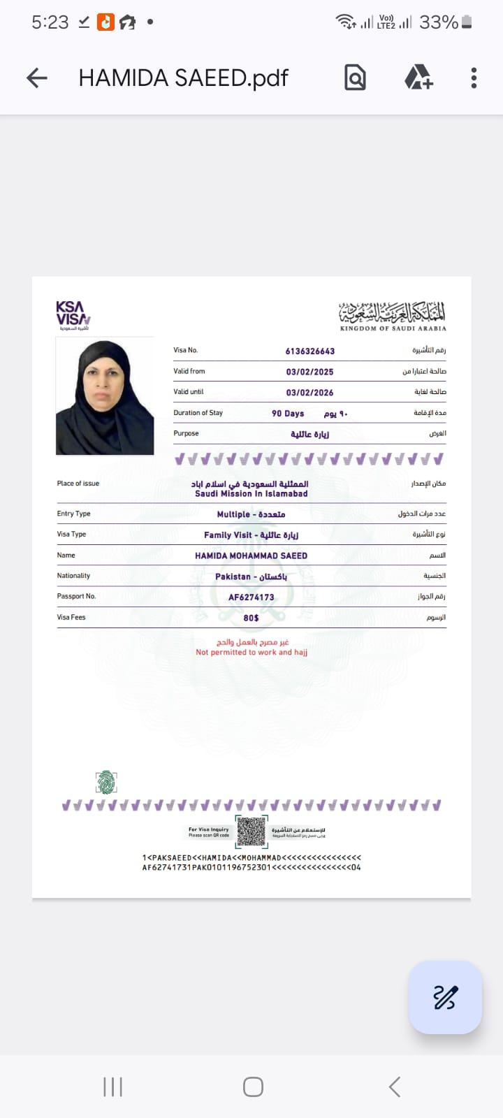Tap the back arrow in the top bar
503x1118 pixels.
point(37,78)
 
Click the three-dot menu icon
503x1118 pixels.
point(474,78)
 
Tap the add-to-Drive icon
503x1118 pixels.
point(418,78)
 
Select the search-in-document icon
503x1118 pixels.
point(355,78)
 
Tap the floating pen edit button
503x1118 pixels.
point(445,997)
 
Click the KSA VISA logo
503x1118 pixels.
point(73,316)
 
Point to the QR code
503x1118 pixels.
point(251,832)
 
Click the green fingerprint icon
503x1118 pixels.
point(106,783)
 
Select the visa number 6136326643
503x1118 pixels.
point(309,351)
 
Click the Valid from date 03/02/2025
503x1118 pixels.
point(309,372)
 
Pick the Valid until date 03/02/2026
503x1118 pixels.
point(309,392)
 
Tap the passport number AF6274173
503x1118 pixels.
point(251,597)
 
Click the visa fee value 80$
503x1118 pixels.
point(251,618)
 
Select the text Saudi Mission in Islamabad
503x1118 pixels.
point(251,493)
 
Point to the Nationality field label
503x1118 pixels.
point(73,576)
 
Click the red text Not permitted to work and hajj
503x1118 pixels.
point(251,652)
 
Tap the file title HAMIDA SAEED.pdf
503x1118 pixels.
point(183,78)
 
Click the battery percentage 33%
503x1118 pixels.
point(438,22)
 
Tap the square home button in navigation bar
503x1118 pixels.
point(253,1087)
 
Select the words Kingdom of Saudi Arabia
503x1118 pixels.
point(393,328)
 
